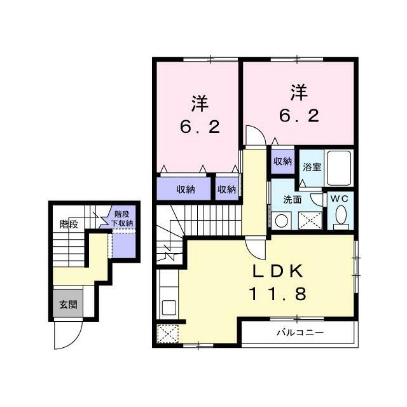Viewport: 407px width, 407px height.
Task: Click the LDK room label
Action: (278, 272)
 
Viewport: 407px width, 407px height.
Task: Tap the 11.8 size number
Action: (278, 294)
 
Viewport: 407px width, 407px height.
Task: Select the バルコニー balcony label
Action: (300, 333)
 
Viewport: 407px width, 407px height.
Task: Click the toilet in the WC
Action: (341, 217)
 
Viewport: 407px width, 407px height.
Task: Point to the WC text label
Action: (339, 199)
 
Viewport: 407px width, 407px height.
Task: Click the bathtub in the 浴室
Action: (339, 168)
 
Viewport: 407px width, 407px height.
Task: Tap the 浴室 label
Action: (312, 167)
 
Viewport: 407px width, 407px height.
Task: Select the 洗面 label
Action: (293, 200)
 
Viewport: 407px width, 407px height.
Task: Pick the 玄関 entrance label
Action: (68, 304)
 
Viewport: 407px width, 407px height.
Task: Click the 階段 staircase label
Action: (69, 224)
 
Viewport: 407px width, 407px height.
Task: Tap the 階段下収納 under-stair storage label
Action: (122, 219)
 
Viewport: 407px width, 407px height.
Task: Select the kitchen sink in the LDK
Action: (169, 308)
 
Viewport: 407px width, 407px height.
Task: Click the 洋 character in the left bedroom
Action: (200, 104)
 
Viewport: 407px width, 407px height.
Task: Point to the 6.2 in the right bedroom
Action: (299, 115)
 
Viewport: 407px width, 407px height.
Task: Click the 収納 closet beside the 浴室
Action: (282, 162)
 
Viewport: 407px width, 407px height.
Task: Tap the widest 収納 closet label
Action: (186, 190)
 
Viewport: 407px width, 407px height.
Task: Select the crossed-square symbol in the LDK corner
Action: (167, 334)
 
